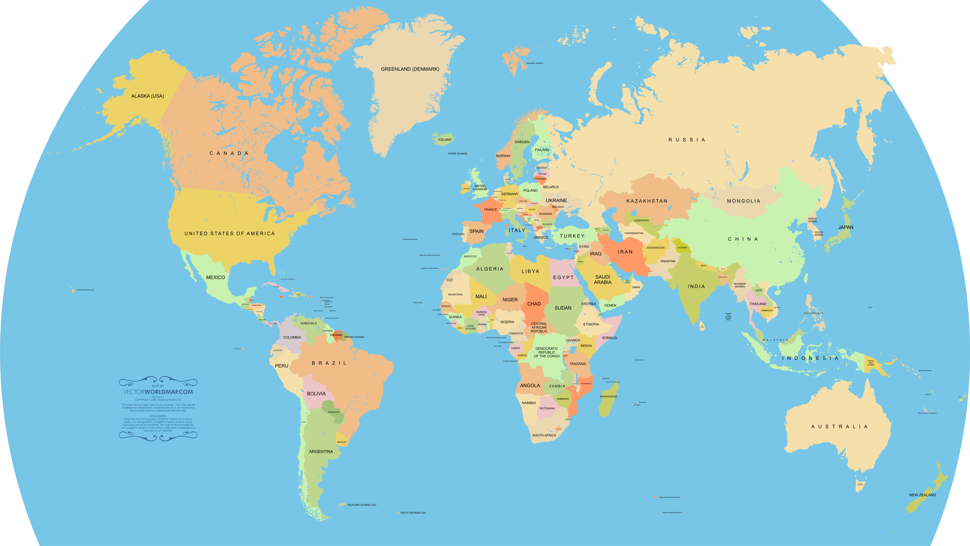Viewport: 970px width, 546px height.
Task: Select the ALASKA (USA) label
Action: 148,96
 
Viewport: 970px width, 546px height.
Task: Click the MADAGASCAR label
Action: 608,396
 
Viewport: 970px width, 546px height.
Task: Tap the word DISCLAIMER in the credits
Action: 158,416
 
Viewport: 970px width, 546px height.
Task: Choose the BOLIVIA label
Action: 316,394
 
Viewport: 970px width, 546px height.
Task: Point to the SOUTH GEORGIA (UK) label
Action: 413,513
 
